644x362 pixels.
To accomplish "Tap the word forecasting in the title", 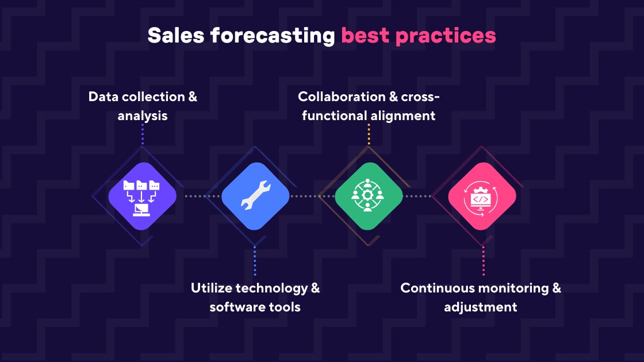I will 273,36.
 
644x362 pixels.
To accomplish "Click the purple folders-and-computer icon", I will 142,197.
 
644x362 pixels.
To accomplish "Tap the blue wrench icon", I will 255,197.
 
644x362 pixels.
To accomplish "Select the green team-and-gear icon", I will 369,197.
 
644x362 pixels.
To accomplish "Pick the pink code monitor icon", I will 482,197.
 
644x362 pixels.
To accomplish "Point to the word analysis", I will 143,115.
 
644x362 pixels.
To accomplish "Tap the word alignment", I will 402,115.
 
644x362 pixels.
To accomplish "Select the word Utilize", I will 211,287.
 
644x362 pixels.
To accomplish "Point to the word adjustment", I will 481,306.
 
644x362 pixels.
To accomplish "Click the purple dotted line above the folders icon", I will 143,134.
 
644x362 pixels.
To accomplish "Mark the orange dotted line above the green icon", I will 369,134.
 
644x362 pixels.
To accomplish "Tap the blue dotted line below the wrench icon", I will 255,261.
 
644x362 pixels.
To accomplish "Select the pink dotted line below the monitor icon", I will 484,261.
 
